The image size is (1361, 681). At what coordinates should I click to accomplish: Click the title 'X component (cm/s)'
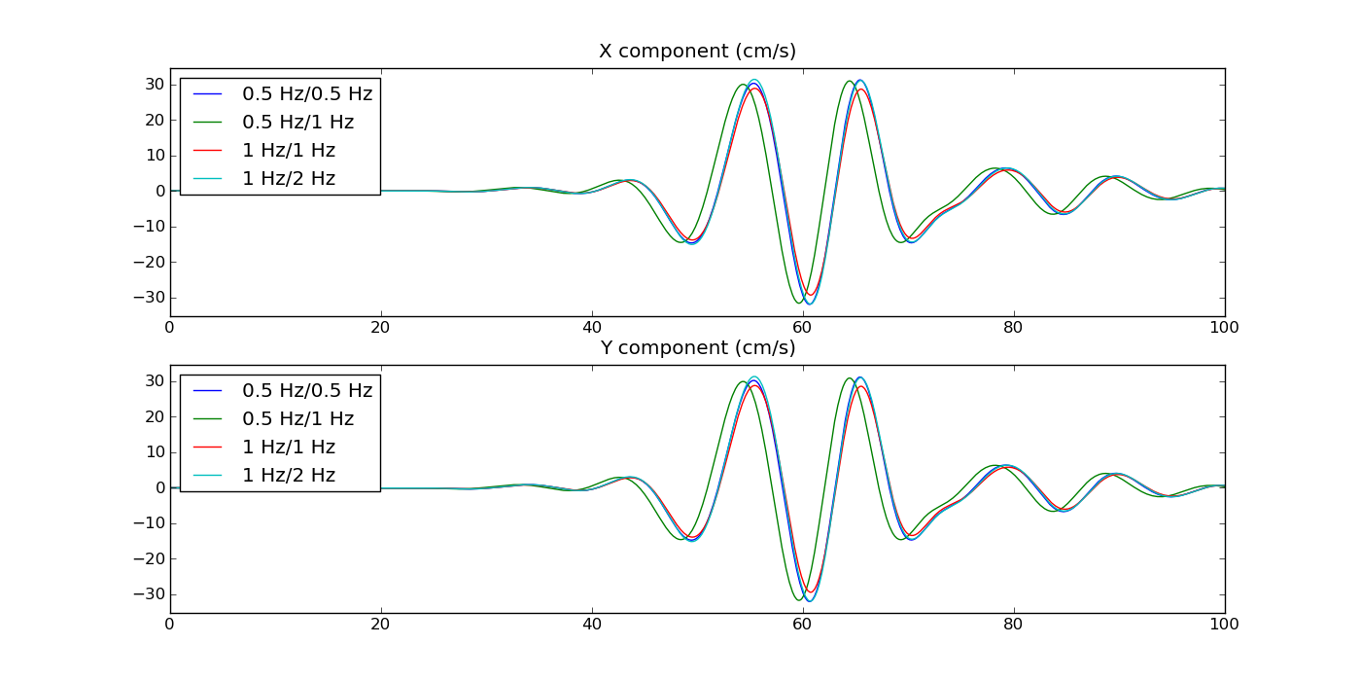[x=697, y=52]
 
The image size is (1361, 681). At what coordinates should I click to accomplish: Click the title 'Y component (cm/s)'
[x=697, y=348]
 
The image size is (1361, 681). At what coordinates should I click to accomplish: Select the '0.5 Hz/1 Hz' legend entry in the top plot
[x=297, y=123]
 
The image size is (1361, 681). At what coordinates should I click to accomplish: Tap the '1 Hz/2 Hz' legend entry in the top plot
[x=289, y=179]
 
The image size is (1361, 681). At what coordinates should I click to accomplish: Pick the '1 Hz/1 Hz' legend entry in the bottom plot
[x=289, y=448]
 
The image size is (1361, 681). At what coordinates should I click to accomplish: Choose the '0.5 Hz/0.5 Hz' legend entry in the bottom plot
[x=307, y=391]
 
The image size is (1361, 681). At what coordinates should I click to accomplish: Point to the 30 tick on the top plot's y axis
[x=154, y=85]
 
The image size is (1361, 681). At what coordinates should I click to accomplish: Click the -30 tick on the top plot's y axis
[x=151, y=298]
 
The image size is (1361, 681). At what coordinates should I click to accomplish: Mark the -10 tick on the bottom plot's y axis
[x=151, y=523]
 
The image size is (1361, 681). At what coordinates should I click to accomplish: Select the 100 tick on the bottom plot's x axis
[x=1224, y=625]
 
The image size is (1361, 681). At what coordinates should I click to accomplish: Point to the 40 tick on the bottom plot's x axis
[x=591, y=625]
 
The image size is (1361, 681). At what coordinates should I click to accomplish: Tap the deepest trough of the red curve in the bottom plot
[x=809, y=591]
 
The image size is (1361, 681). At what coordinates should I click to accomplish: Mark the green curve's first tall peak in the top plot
[x=743, y=84]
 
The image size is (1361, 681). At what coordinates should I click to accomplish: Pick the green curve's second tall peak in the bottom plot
[x=849, y=378]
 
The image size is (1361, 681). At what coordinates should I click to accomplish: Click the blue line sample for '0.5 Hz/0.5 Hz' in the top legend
[x=208, y=94]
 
